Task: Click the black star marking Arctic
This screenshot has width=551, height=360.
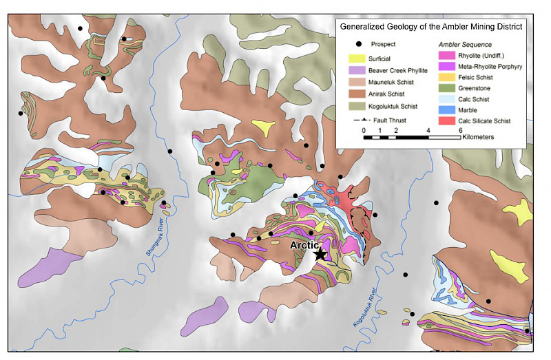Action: [x=320, y=255]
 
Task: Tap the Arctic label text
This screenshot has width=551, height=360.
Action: [x=304, y=245]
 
